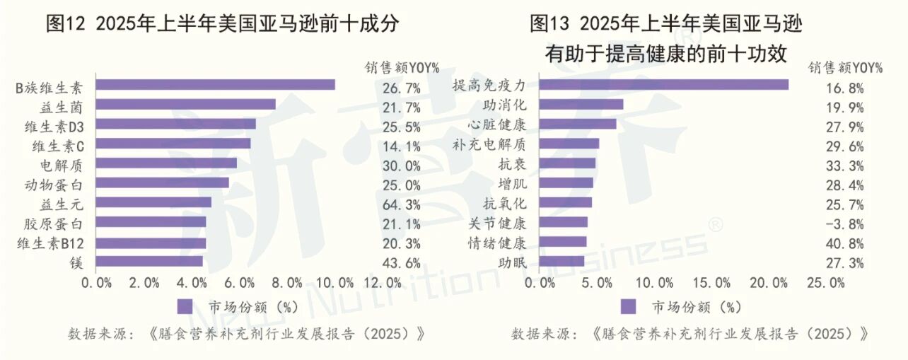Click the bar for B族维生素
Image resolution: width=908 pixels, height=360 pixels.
215,85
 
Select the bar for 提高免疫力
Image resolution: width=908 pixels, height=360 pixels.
663,85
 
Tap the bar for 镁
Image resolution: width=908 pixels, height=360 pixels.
149,262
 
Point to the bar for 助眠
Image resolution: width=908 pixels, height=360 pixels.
561,262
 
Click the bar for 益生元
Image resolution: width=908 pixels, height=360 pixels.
153,202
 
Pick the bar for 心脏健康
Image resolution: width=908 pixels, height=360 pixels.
577,124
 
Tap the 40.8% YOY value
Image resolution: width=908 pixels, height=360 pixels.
844,244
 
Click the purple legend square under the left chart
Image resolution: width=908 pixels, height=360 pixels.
185,307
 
